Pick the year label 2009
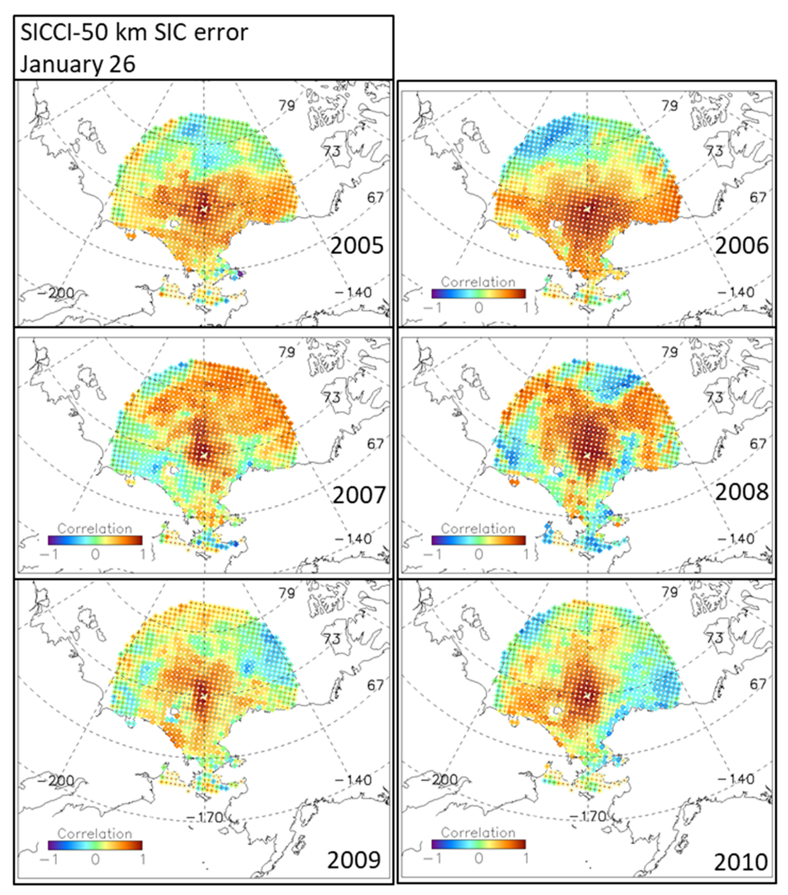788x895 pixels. [x=354, y=860]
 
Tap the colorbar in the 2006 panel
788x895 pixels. [x=478, y=293]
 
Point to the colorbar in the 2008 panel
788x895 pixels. [x=478, y=540]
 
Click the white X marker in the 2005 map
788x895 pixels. [x=204, y=209]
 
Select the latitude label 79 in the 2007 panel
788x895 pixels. [x=287, y=352]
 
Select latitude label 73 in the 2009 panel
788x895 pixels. [x=331, y=639]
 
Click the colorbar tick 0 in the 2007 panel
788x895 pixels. [x=95, y=554]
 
